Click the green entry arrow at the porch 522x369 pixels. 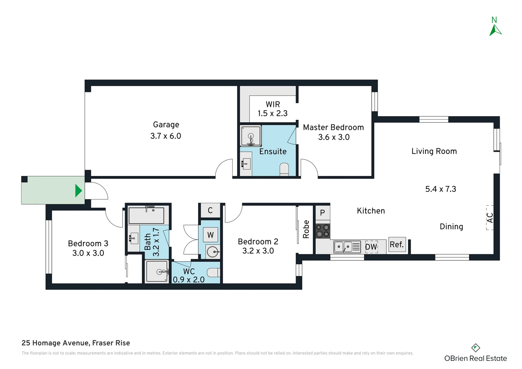pos(78,191)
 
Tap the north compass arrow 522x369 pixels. pos(495,30)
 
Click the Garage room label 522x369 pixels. pos(166,124)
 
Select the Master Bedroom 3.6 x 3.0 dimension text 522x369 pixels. pos(334,137)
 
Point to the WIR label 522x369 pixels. pos(273,104)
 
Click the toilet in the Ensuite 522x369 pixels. pos(284,169)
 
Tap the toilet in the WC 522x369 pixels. pos(214,272)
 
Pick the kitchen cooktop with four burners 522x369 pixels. pos(323,231)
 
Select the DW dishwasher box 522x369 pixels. pos(371,247)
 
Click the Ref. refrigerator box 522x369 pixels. pos(397,245)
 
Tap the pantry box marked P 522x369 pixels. pos(323,213)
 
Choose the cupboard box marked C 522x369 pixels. pos(210,210)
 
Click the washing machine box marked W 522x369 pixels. pos(210,235)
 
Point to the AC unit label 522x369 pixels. pos(490,218)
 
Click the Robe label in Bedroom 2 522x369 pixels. pos(306,229)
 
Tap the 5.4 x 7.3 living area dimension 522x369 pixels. pos(441,189)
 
